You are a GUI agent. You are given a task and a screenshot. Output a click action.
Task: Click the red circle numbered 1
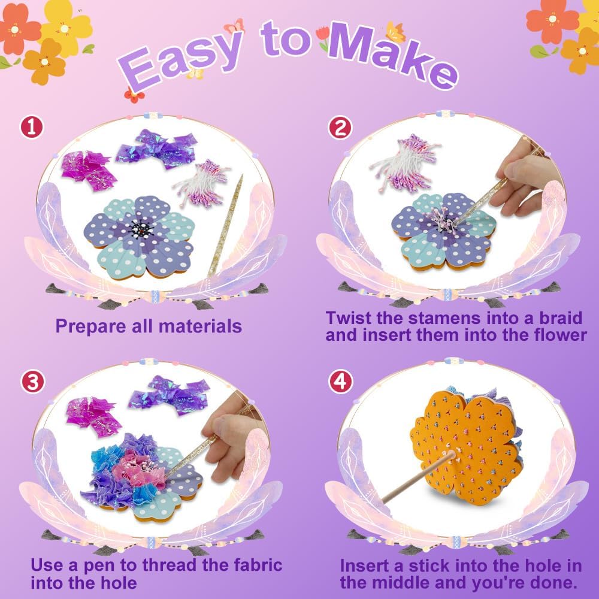click(x=32, y=128)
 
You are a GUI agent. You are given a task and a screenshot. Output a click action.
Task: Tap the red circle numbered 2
click(x=340, y=128)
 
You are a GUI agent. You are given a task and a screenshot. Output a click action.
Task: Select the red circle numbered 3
click(x=32, y=382)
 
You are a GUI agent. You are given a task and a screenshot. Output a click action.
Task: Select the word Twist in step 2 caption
click(x=349, y=318)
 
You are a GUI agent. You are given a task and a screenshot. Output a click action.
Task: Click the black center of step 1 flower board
click(x=141, y=229)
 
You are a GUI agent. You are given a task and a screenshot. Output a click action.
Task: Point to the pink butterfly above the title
click(x=234, y=26)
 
